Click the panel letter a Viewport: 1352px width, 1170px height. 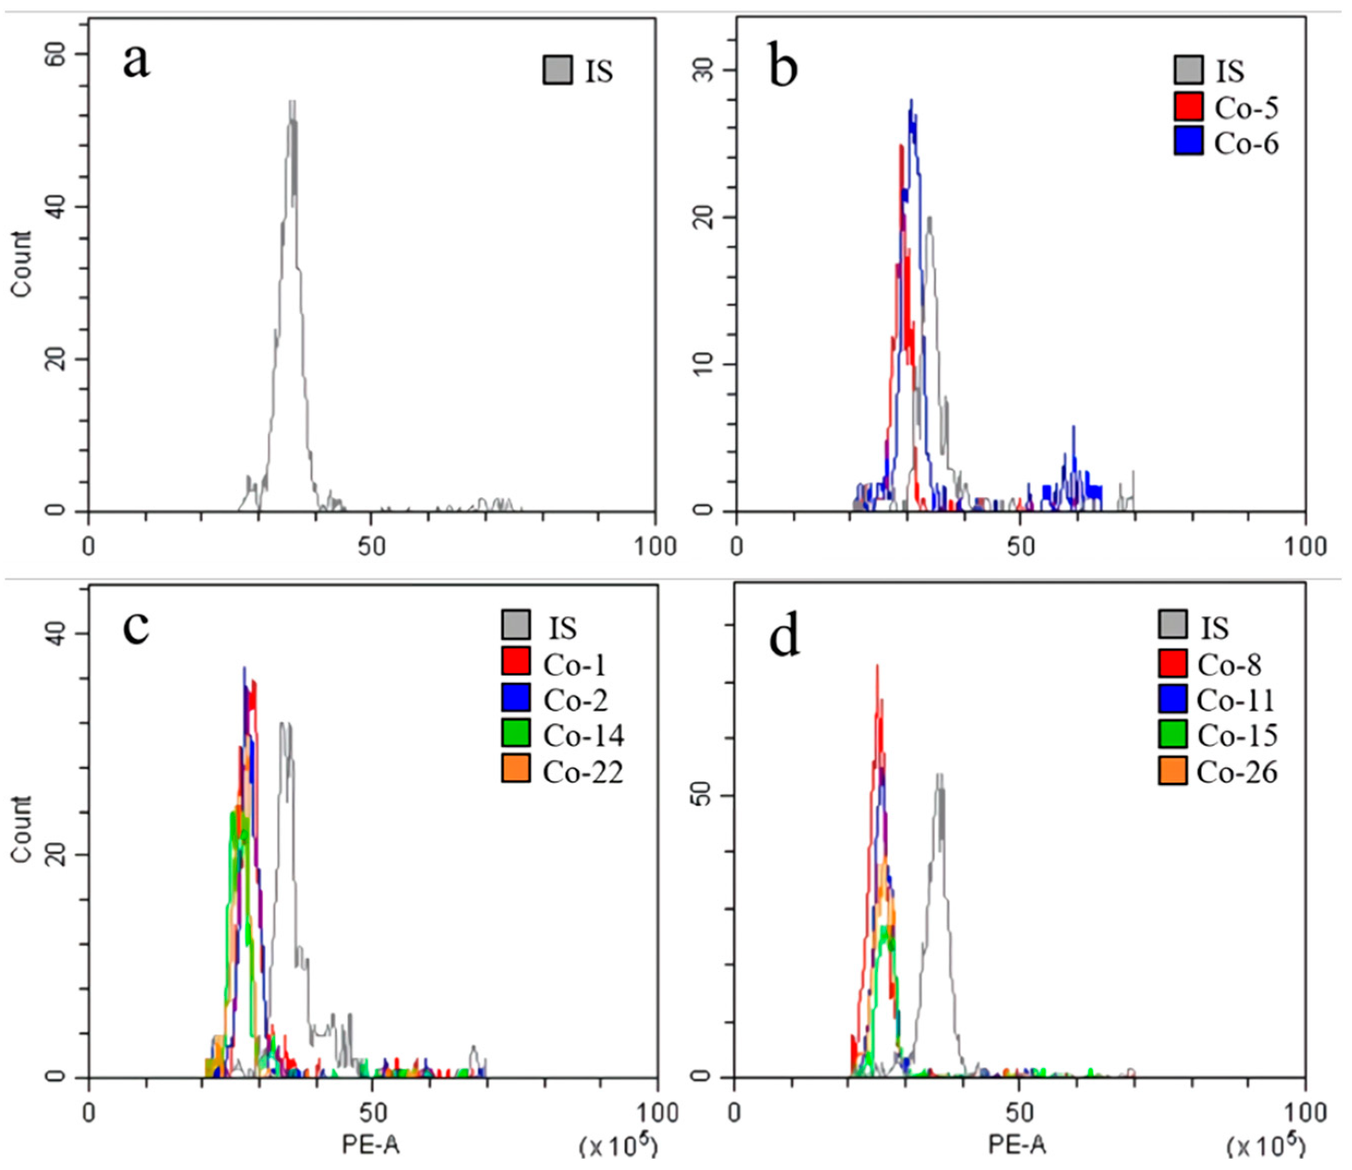(136, 63)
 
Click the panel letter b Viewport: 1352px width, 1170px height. (783, 67)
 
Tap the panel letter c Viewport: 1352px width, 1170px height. (136, 627)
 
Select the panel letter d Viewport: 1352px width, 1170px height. (785, 638)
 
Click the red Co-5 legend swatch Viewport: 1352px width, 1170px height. (1188, 106)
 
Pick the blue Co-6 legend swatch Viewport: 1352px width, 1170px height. (1188, 142)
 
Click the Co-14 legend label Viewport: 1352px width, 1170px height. (583, 736)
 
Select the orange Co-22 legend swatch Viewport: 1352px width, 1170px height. (516, 769)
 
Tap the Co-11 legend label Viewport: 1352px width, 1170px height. (1235, 700)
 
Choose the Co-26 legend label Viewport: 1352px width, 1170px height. (1236, 772)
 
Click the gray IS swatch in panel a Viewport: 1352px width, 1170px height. (557, 70)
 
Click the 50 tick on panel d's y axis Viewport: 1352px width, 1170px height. (704, 795)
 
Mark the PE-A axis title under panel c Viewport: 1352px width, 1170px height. (370, 1145)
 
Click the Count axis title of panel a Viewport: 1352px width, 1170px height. (21, 265)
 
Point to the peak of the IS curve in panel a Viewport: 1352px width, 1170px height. (293, 104)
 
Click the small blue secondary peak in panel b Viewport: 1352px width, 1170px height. (1073, 429)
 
